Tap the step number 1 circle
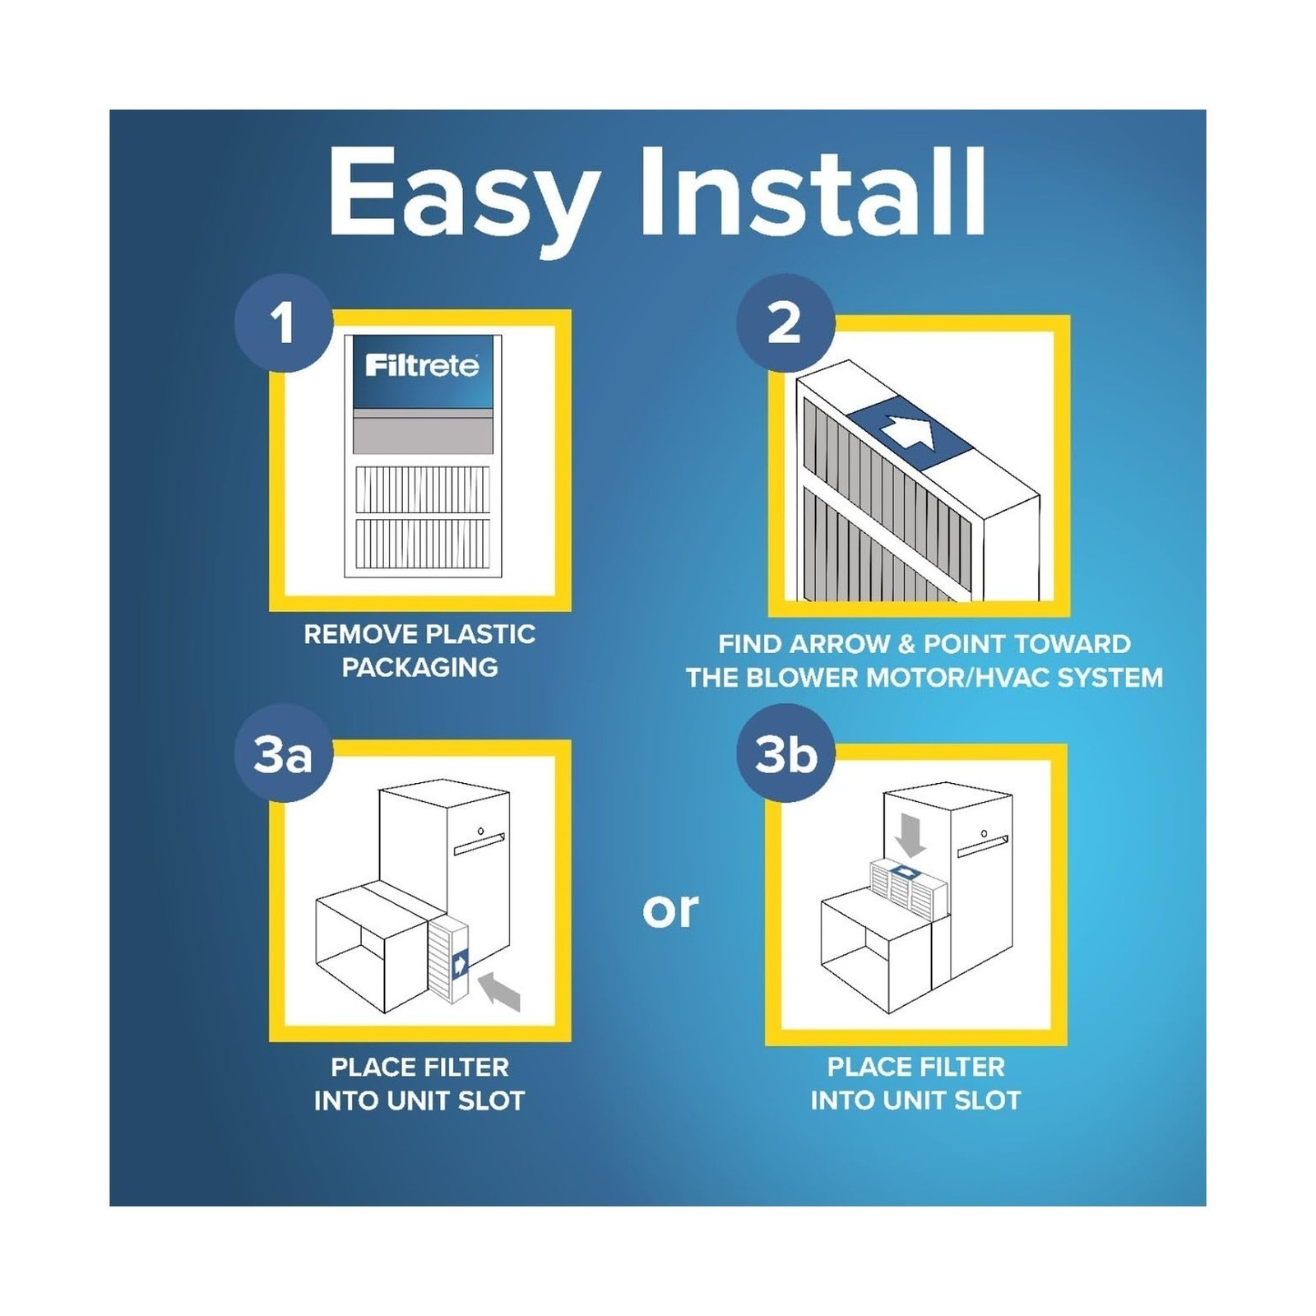click(x=284, y=322)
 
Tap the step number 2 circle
click(x=785, y=322)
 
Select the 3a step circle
click(x=284, y=753)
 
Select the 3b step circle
click(x=786, y=753)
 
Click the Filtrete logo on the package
click(x=422, y=365)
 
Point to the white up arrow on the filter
click(x=909, y=433)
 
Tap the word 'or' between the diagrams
click(x=670, y=911)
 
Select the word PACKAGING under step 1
click(x=419, y=667)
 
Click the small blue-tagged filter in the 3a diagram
click(x=449, y=959)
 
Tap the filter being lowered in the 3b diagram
click(x=908, y=879)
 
